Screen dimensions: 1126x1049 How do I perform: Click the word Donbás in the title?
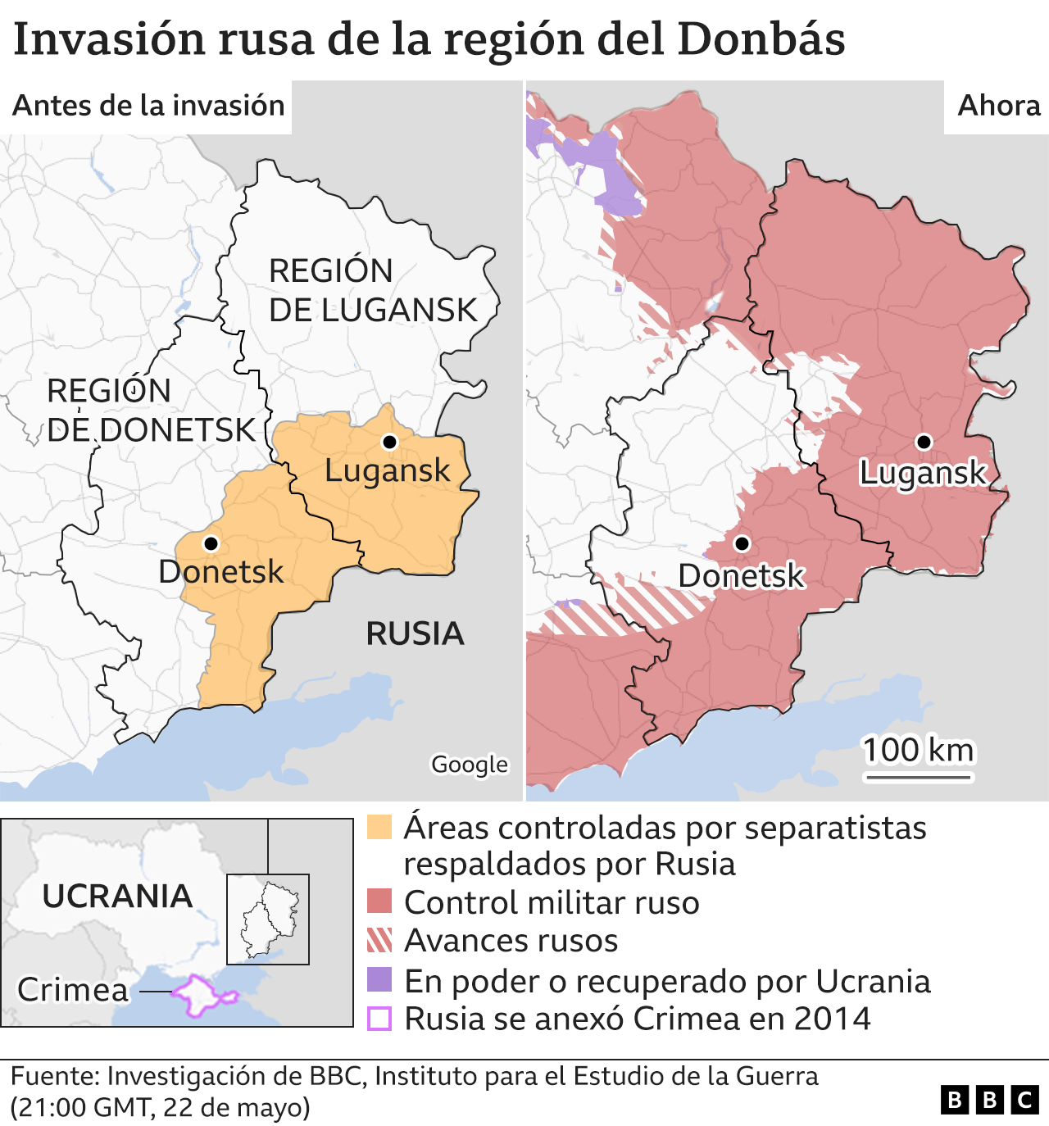pyautogui.click(x=761, y=39)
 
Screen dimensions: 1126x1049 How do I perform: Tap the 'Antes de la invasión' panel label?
pyautogui.click(x=148, y=106)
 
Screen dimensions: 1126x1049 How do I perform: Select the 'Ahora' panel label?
pyautogui.click(x=998, y=106)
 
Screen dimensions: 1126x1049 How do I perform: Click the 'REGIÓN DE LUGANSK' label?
pyautogui.click(x=372, y=291)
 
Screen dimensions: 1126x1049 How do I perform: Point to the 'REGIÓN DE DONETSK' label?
pyautogui.click(x=151, y=411)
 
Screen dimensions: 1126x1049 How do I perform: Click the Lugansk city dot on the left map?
pyautogui.click(x=390, y=442)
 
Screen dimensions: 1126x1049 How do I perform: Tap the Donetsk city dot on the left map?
pyautogui.click(x=211, y=543)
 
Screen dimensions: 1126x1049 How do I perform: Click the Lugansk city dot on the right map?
pyautogui.click(x=924, y=442)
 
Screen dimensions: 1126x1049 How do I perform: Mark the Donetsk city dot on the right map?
pyautogui.click(x=742, y=543)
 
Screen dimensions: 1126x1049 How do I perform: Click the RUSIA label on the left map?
pyautogui.click(x=415, y=633)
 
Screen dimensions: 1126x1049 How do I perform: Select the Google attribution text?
pyautogui.click(x=470, y=764)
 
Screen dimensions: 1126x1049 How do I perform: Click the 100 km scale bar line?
pyautogui.click(x=918, y=775)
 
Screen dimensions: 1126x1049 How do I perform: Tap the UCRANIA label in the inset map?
pyautogui.click(x=117, y=896)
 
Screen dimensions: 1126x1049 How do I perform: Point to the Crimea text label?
pyautogui.click(x=73, y=990)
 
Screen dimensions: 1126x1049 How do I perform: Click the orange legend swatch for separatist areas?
pyautogui.click(x=379, y=827)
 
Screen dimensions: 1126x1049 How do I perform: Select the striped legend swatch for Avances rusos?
pyautogui.click(x=379, y=940)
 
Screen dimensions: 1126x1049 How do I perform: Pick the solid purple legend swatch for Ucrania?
pyautogui.click(x=379, y=980)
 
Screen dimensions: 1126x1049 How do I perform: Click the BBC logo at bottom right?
pyautogui.click(x=989, y=1099)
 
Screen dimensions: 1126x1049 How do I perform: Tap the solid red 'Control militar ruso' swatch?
pyautogui.click(x=379, y=901)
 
